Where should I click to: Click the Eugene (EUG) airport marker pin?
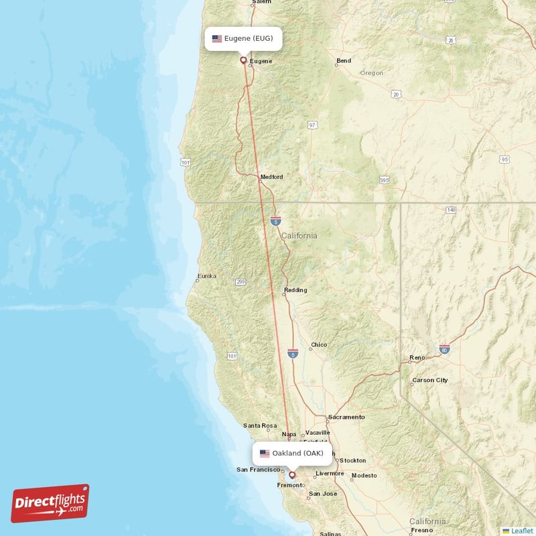pyautogui.click(x=243, y=60)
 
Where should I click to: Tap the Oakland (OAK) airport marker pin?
pyautogui.click(x=291, y=474)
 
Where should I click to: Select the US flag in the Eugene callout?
pyautogui.click(x=217, y=39)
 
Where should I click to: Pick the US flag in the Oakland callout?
pyautogui.click(x=265, y=454)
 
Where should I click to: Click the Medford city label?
pyautogui.click(x=271, y=177)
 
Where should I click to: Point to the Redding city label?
pyautogui.click(x=295, y=290)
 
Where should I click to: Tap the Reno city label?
pyautogui.click(x=417, y=358)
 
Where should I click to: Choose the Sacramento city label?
pyautogui.click(x=346, y=417)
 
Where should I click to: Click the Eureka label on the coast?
pyautogui.click(x=207, y=276)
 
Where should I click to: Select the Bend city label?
pyautogui.click(x=344, y=61)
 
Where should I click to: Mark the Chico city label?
pyautogui.click(x=319, y=345)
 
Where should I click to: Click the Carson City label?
pyautogui.click(x=430, y=380)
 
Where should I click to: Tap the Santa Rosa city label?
pyautogui.click(x=260, y=425)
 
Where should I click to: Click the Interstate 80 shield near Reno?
pyautogui.click(x=444, y=349)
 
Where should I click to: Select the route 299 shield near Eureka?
pyautogui.click(x=240, y=283)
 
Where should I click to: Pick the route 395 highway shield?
pyautogui.click(x=384, y=180)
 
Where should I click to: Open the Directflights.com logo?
pyautogui.click(x=50, y=503)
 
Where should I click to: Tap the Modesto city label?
pyautogui.click(x=364, y=476)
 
